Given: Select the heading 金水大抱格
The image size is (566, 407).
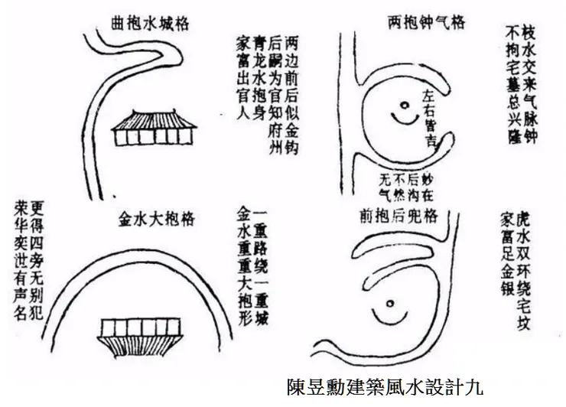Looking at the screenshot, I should pos(155,220).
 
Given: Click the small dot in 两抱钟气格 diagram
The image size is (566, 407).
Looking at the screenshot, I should pos(399,106).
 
